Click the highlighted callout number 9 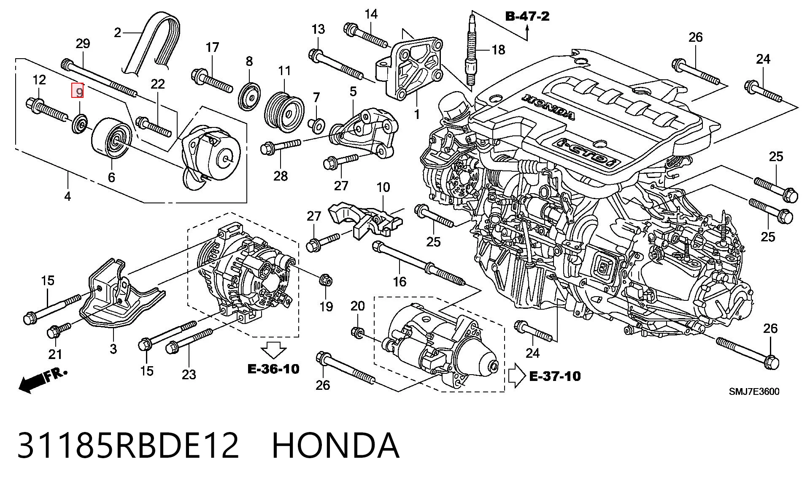point(78,91)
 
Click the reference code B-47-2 point(527,16)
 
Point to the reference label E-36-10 point(273,369)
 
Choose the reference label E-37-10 point(555,376)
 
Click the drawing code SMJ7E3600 point(754,391)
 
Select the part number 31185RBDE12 point(128,445)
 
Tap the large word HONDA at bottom point(336,445)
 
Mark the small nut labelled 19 point(325,279)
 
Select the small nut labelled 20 point(358,332)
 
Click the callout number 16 point(399,281)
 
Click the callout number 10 point(383,187)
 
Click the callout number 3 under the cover point(113,349)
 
